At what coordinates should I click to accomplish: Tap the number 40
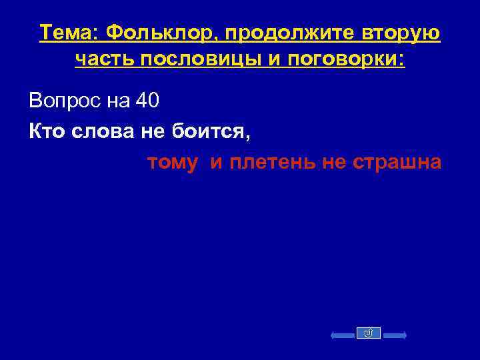147,102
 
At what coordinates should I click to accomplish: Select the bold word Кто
45,132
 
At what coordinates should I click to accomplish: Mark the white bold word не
154,132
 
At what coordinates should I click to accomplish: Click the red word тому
172,163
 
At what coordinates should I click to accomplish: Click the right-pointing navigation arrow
393,333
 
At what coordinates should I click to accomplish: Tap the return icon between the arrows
370,333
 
